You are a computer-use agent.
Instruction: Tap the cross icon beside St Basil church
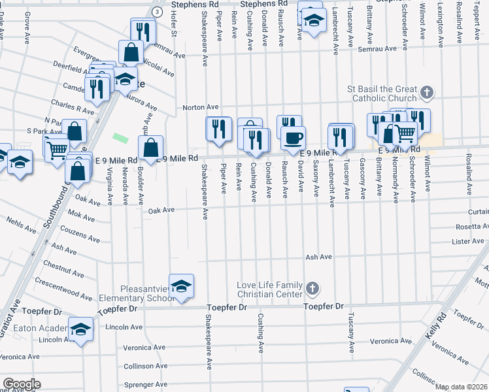(x=427, y=92)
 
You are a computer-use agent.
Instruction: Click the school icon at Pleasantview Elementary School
(x=181, y=286)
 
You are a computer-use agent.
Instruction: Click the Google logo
(x=21, y=384)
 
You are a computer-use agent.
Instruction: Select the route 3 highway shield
(x=158, y=12)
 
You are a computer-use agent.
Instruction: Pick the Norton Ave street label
(x=200, y=107)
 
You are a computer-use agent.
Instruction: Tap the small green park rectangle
(x=120, y=138)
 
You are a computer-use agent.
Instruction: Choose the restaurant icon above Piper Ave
(x=218, y=128)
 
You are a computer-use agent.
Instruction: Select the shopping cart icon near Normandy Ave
(x=405, y=133)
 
